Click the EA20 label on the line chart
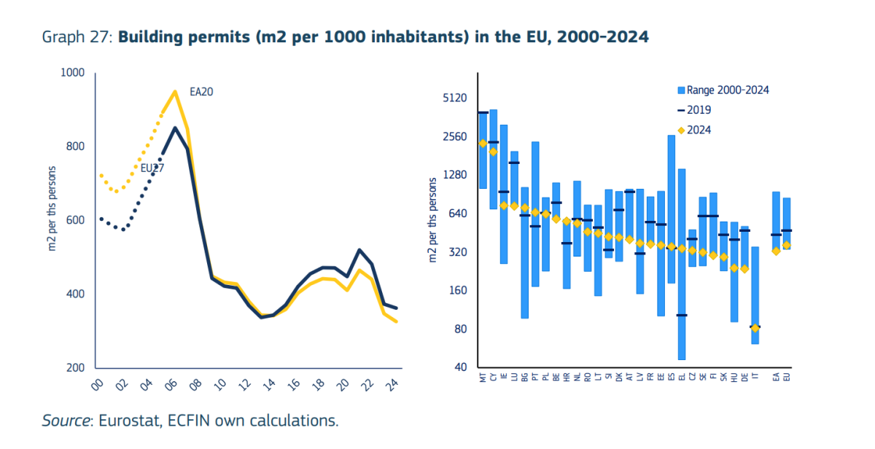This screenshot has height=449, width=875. click(x=202, y=91)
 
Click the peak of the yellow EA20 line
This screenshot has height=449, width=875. click(x=175, y=91)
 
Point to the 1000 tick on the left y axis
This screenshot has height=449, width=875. click(x=74, y=73)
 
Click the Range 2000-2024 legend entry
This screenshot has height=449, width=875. click(x=723, y=90)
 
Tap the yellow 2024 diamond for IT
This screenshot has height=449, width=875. click(x=755, y=328)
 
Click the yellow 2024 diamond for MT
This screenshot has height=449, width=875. click(x=483, y=144)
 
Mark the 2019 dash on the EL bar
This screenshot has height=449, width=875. click(x=682, y=315)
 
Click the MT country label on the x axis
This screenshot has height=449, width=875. click(x=483, y=378)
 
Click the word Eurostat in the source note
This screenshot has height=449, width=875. click(x=123, y=421)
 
